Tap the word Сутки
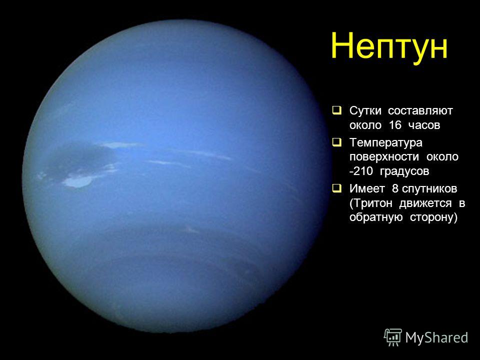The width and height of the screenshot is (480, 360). click(365, 110)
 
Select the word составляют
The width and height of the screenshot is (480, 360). click(420, 110)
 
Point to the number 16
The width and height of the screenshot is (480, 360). click(395, 124)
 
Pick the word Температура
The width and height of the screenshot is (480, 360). click(385, 143)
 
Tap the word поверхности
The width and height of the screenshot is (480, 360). click(384, 157)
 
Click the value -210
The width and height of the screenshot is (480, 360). click(361, 171)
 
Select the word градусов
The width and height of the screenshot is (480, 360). click(404, 171)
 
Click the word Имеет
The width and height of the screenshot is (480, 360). click(366, 189)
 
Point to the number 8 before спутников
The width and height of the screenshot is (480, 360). click(395, 189)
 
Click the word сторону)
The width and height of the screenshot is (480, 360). click(433, 217)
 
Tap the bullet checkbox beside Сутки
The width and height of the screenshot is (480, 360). click(336, 110)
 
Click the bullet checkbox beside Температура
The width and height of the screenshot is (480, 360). click(336, 142)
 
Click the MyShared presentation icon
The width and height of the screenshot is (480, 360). click(393, 337)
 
